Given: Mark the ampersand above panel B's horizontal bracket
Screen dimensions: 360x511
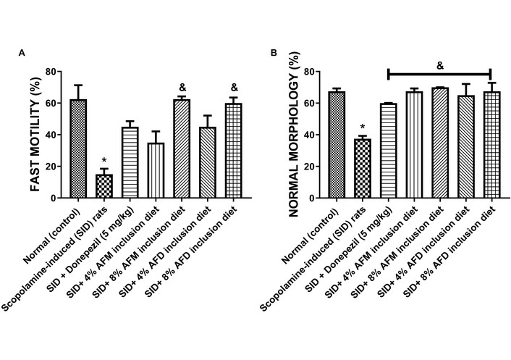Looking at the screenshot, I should point(439,66).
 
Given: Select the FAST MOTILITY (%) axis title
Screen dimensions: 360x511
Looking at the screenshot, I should point(34,135).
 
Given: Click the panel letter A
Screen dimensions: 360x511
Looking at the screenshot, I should point(22,53).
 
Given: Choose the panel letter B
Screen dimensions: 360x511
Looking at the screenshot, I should point(274,53).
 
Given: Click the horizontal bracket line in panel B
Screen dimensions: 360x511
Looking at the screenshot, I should point(439,72).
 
